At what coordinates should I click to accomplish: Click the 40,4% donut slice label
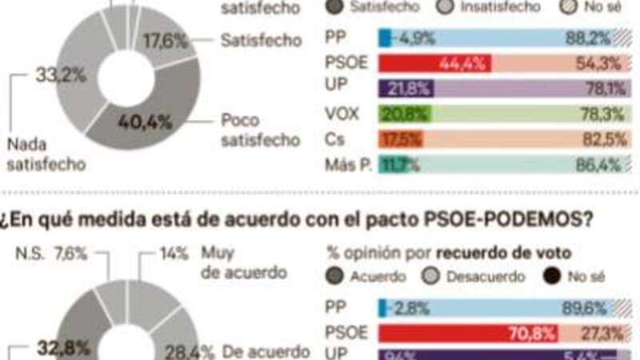pyautogui.click(x=145, y=122)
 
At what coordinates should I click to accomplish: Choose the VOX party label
pyautogui.click(x=342, y=114)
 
